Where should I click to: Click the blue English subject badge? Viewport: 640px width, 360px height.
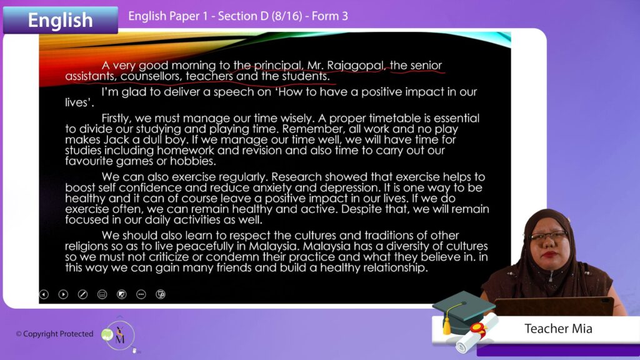point(61,19)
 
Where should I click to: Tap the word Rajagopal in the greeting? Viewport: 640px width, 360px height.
point(356,66)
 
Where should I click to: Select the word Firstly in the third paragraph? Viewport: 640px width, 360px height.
point(116,119)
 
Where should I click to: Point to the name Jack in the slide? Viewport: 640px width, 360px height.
point(116,139)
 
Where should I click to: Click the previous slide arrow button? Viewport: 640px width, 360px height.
point(44,294)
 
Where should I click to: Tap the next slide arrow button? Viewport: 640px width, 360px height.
point(63,294)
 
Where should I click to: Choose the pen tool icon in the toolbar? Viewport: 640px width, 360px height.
point(82,294)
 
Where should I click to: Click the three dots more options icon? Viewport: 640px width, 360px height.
point(141,294)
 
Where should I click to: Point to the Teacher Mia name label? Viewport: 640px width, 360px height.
point(558,329)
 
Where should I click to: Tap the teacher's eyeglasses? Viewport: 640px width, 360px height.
point(549,236)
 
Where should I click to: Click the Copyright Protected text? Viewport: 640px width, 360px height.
point(54,334)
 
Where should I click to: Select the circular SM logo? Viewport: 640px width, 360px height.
point(120,335)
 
